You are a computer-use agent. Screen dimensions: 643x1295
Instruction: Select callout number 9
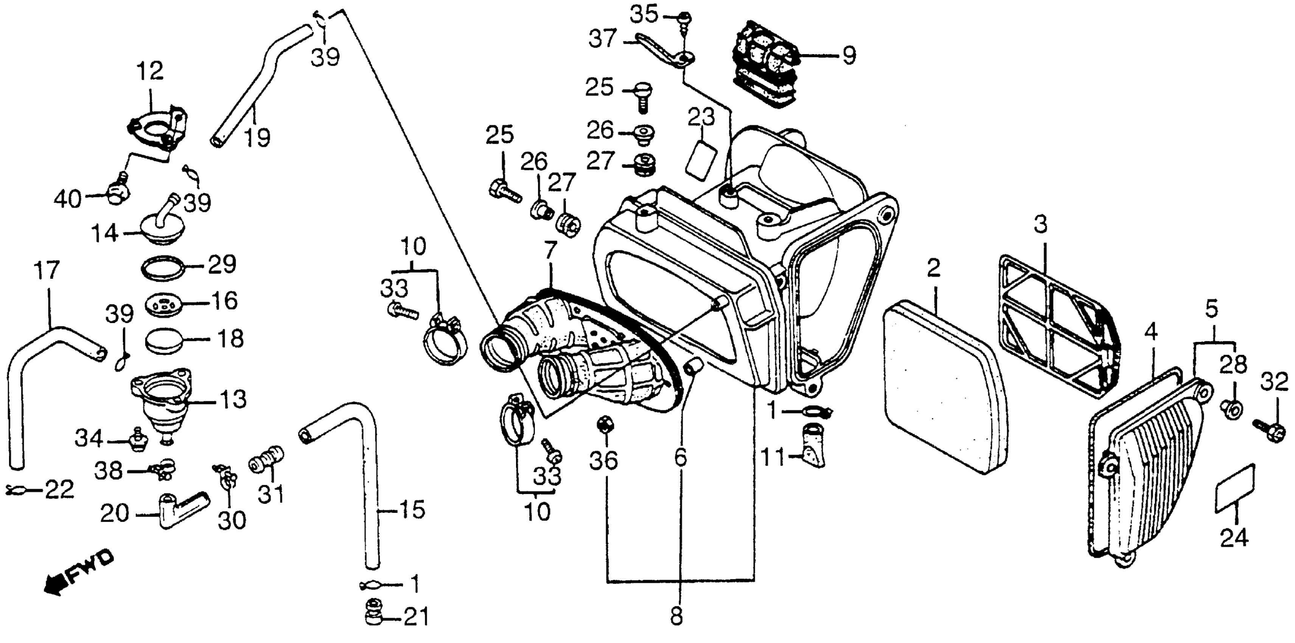(x=849, y=55)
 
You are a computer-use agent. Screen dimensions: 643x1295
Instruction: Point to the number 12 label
(x=150, y=71)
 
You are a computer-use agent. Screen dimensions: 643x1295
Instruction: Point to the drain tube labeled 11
(x=812, y=443)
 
